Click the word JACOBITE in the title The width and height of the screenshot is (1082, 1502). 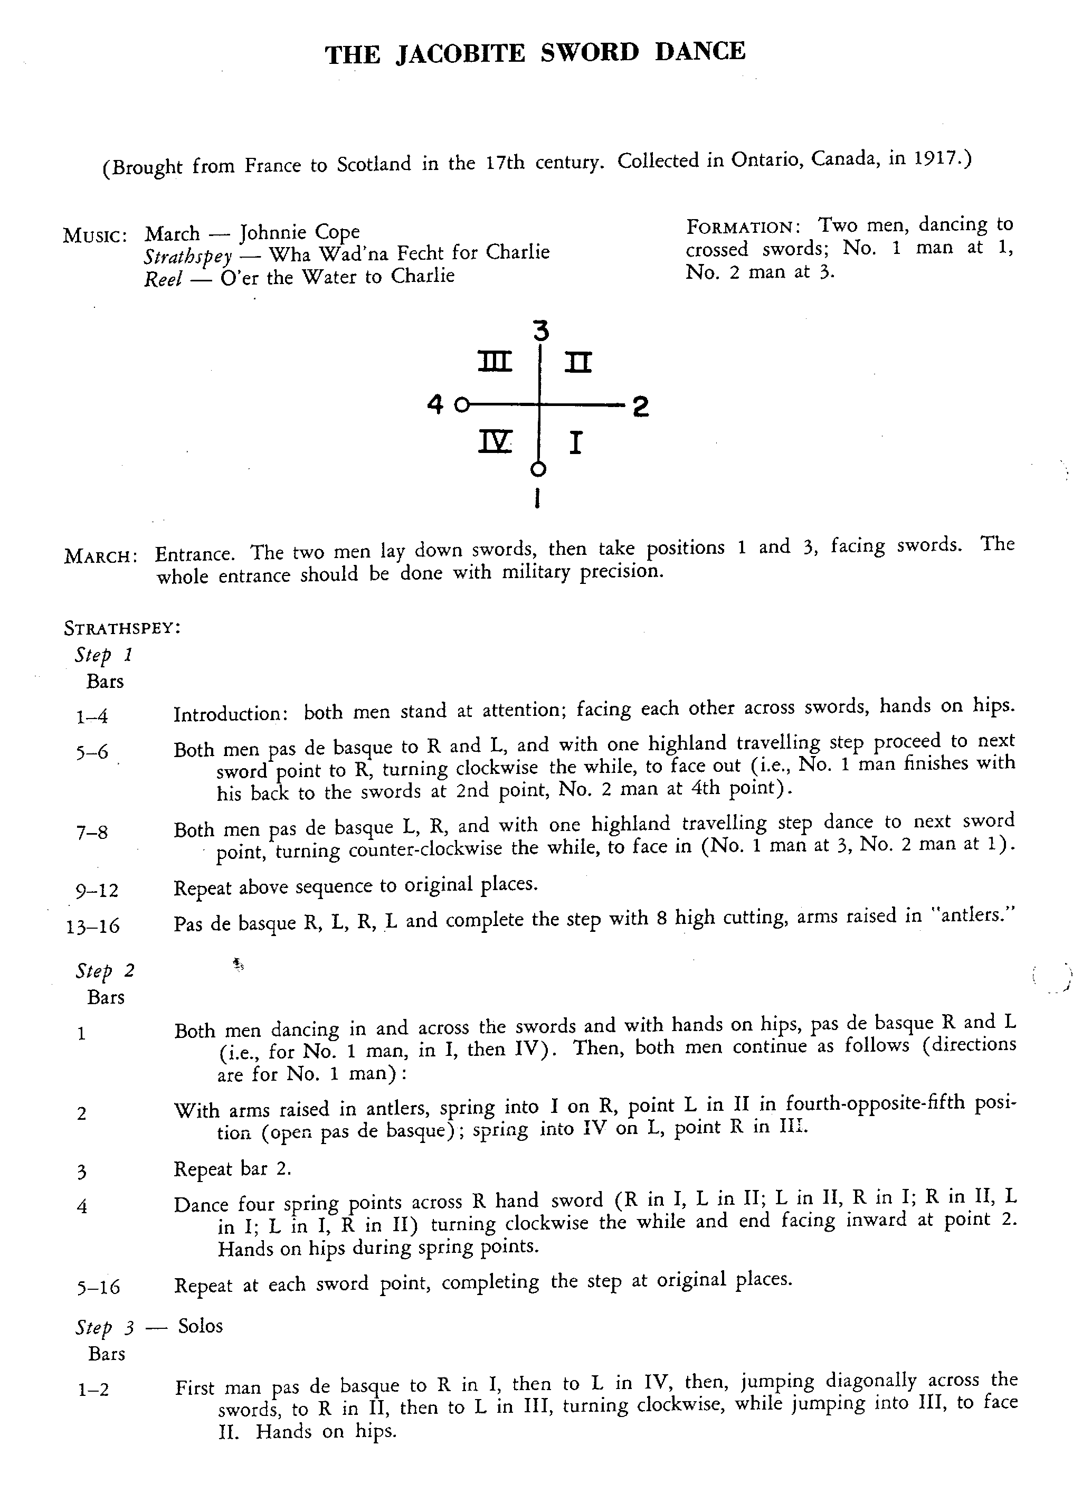point(460,53)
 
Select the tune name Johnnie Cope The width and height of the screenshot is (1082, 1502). point(299,232)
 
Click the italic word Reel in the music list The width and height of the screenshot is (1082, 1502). point(163,278)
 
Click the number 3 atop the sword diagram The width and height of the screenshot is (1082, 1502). point(542,330)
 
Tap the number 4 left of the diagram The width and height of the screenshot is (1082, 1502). point(435,403)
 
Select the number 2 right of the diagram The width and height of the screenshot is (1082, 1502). point(640,407)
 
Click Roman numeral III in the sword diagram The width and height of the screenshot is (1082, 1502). point(495,362)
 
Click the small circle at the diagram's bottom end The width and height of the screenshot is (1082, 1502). point(539,469)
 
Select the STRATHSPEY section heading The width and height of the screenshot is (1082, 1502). point(122,628)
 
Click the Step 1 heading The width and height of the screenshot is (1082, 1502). point(104,655)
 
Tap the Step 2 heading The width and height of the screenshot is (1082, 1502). point(105,971)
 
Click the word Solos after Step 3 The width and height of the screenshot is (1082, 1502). point(200,1326)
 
